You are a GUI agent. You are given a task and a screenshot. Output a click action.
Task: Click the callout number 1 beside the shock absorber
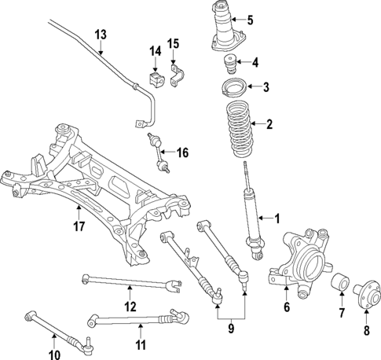pyautogui.click(x=276, y=218)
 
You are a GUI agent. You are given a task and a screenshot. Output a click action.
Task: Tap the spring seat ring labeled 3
pyautogui.click(x=232, y=86)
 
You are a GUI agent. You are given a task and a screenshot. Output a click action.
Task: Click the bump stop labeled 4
pyautogui.click(x=229, y=63)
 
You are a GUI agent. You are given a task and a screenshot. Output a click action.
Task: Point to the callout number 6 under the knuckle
pyautogui.click(x=287, y=307)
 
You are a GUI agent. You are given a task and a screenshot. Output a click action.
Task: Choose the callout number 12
pyautogui.click(x=130, y=305)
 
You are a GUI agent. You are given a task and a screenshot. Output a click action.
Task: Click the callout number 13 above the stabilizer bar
pyautogui.click(x=100, y=35)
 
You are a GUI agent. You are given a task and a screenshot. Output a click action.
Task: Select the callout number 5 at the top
pyautogui.click(x=250, y=20)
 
